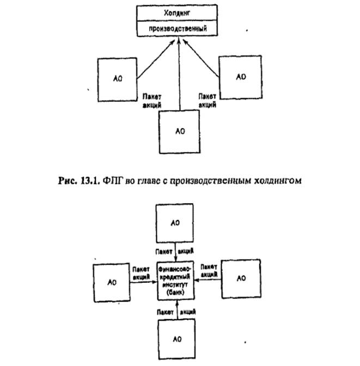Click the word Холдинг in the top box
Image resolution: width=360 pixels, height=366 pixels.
coord(179,11)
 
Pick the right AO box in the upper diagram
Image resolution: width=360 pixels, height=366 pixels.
coord(240,76)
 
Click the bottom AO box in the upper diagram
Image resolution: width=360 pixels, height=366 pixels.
coord(179,131)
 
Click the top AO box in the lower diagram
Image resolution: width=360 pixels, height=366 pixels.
coord(175,223)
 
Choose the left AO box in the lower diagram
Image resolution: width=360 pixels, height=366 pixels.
coord(112,282)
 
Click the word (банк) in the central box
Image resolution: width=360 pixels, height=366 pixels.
coord(175,292)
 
